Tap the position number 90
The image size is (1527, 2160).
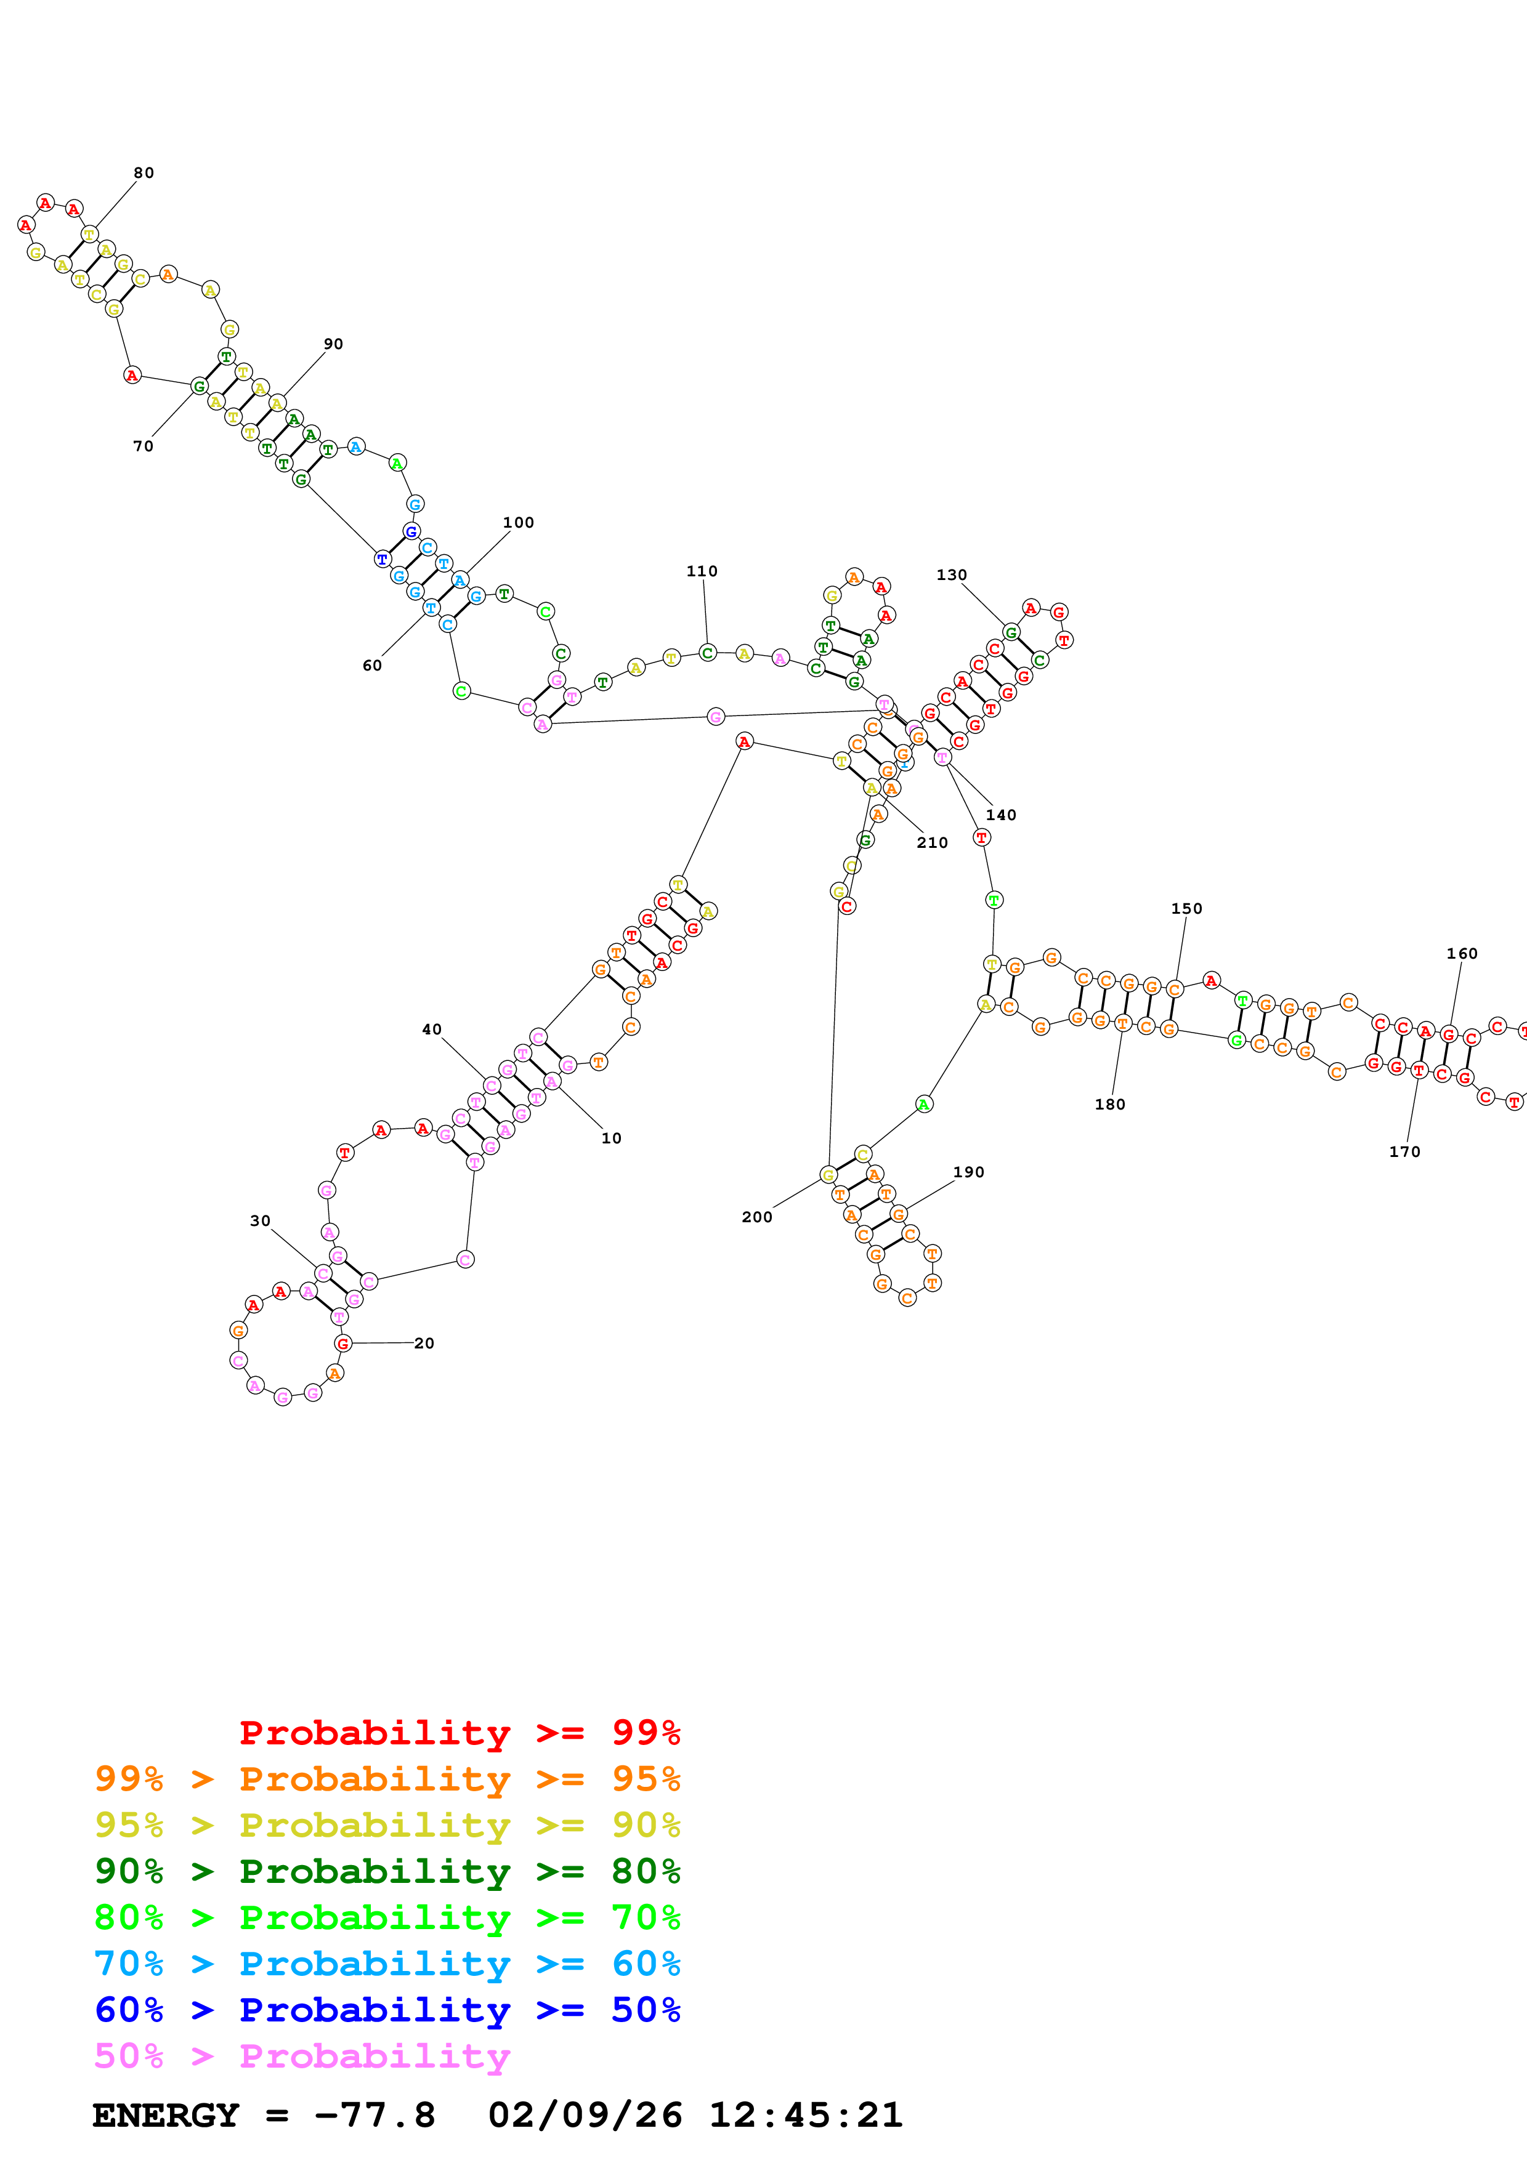(x=333, y=344)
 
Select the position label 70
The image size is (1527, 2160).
(x=143, y=446)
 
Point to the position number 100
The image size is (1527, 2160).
(x=519, y=523)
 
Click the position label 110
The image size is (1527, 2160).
(x=702, y=571)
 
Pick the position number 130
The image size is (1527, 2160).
(x=951, y=575)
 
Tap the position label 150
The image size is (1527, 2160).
(x=1186, y=909)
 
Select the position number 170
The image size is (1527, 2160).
(x=1404, y=1151)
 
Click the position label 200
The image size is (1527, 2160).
(x=758, y=1217)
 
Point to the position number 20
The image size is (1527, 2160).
(x=424, y=1344)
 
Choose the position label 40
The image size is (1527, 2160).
(x=432, y=1030)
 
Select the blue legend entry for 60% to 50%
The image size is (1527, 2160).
(x=387, y=2010)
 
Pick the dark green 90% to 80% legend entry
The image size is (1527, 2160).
(x=387, y=1871)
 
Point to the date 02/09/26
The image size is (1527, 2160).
(x=585, y=2116)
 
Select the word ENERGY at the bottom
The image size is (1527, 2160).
(x=166, y=2116)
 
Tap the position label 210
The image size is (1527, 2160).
(x=933, y=843)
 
